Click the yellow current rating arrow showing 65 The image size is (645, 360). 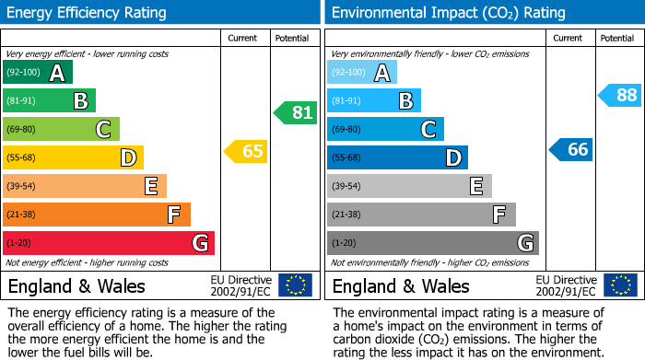[x=247, y=151]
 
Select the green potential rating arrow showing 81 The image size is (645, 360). [x=296, y=113]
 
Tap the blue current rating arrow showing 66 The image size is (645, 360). [x=572, y=150]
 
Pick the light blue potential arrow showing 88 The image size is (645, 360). [x=621, y=95]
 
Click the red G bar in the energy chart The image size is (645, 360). [x=108, y=243]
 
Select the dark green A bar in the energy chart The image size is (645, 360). [x=37, y=73]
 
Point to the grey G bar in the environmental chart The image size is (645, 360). [x=432, y=243]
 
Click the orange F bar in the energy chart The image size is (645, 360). [x=96, y=215]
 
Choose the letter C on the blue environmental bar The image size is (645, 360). [x=428, y=130]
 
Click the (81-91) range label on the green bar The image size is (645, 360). [x=21, y=101]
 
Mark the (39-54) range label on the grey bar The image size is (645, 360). [x=346, y=187]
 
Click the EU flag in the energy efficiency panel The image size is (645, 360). [x=295, y=285]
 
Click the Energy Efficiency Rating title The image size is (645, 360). [x=88, y=13]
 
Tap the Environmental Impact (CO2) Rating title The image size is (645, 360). [x=448, y=13]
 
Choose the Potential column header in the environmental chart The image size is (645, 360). [x=617, y=38]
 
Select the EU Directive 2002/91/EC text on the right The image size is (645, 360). [x=566, y=285]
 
